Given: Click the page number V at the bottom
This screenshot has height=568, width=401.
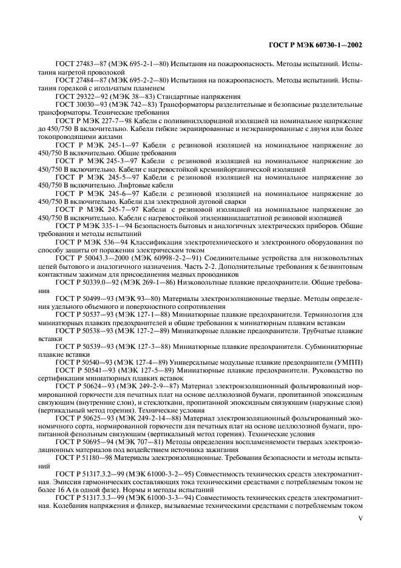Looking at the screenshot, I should click(360, 518).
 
